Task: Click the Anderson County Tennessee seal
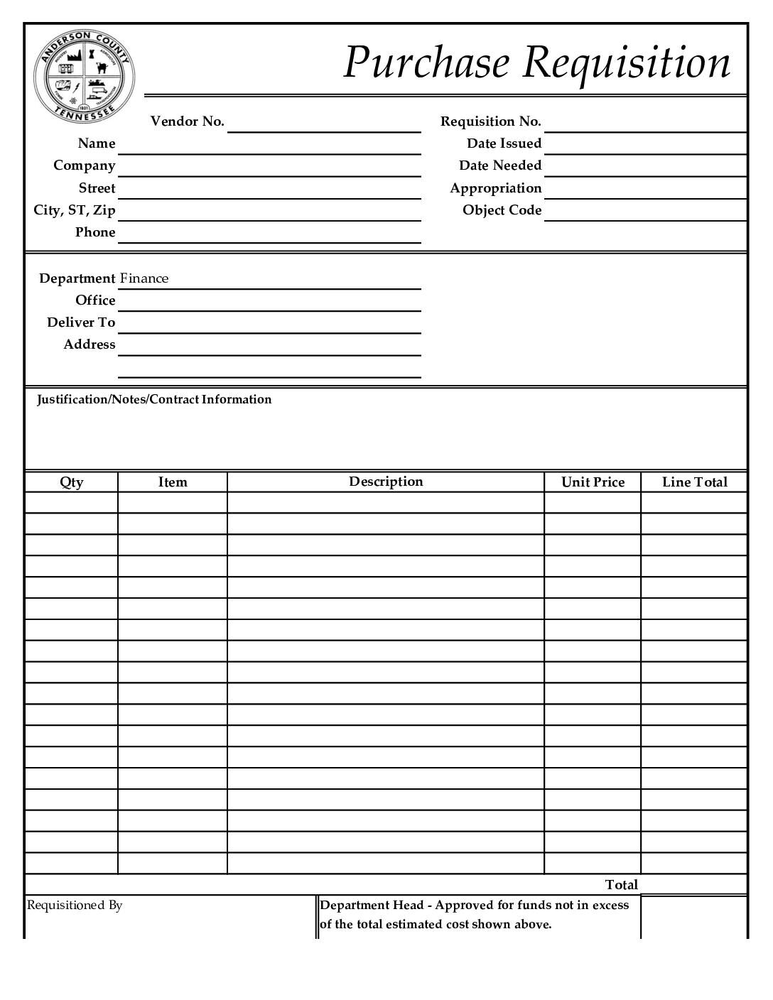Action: pyautogui.click(x=84, y=76)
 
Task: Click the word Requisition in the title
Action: pyautogui.click(x=626, y=62)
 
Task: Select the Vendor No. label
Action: pyautogui.click(x=187, y=121)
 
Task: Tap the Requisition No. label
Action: pyautogui.click(x=490, y=121)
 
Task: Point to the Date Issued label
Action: pyautogui.click(x=504, y=143)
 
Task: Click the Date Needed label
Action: pyautogui.click(x=499, y=165)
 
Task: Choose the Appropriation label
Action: pyautogui.click(x=495, y=188)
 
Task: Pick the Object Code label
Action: pyautogui.click(x=502, y=210)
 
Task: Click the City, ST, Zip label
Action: pyautogui.click(x=74, y=210)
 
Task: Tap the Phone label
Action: pyautogui.click(x=95, y=232)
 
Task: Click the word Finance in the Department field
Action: pyautogui.click(x=144, y=278)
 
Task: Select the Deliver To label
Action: pyautogui.click(x=81, y=322)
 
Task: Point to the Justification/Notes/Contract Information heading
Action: pyautogui.click(x=154, y=399)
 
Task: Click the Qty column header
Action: pyautogui.click(x=71, y=482)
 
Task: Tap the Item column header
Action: pyautogui.click(x=173, y=482)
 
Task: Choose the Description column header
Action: pyautogui.click(x=386, y=482)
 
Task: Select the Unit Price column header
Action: pyautogui.click(x=593, y=482)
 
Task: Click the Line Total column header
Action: pyautogui.click(x=694, y=482)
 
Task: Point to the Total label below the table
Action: pyautogui.click(x=621, y=885)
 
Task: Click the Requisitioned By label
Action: pyautogui.click(x=75, y=906)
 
